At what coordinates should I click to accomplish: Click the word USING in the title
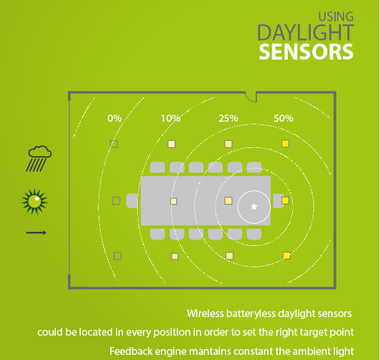[336, 17]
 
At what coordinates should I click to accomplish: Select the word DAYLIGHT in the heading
[306, 33]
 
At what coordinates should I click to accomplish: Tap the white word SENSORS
[306, 52]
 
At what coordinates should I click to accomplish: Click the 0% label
[115, 119]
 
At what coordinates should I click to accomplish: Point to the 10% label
[171, 119]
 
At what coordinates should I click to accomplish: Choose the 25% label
[228, 119]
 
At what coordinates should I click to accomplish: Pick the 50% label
[283, 119]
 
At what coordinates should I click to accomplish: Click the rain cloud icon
[39, 158]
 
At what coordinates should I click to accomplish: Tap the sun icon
[35, 201]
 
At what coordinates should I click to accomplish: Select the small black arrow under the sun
[37, 233]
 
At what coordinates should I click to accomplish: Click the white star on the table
[254, 207]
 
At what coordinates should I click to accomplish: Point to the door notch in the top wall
[251, 97]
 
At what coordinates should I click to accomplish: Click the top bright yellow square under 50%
[285, 143]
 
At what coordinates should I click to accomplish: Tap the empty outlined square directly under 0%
[114, 144]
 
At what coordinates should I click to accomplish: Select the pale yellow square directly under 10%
[172, 144]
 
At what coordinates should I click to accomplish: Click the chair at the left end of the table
[132, 201]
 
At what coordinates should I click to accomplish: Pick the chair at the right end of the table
[279, 201]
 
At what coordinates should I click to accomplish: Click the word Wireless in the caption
[205, 313]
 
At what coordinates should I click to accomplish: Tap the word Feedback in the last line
[131, 351]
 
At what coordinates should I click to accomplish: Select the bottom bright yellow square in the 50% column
[286, 256]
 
